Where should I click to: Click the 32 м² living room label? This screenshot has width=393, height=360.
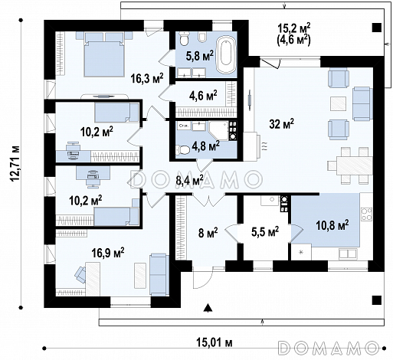[281, 124]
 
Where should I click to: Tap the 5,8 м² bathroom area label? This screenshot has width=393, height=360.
[200, 56]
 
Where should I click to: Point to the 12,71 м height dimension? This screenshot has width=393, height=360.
[15, 163]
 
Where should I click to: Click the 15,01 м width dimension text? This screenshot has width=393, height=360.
[215, 343]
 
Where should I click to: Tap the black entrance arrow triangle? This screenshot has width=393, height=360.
[208, 308]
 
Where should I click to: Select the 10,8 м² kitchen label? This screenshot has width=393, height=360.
[332, 225]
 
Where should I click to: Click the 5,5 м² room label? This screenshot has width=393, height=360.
[265, 231]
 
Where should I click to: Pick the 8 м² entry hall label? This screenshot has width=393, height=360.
[208, 233]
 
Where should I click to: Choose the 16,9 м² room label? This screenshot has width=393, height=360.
[108, 253]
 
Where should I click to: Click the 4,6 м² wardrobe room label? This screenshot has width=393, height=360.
[203, 96]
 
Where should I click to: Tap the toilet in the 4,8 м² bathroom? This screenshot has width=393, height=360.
[182, 150]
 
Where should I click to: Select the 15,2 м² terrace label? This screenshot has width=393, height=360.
[294, 28]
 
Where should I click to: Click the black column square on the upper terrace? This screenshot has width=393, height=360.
[377, 28]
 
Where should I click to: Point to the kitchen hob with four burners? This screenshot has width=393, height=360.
[366, 214]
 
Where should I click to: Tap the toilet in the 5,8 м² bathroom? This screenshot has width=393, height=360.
[184, 38]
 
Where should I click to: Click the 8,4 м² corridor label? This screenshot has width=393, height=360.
[189, 181]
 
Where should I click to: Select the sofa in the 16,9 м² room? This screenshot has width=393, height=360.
[159, 274]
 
